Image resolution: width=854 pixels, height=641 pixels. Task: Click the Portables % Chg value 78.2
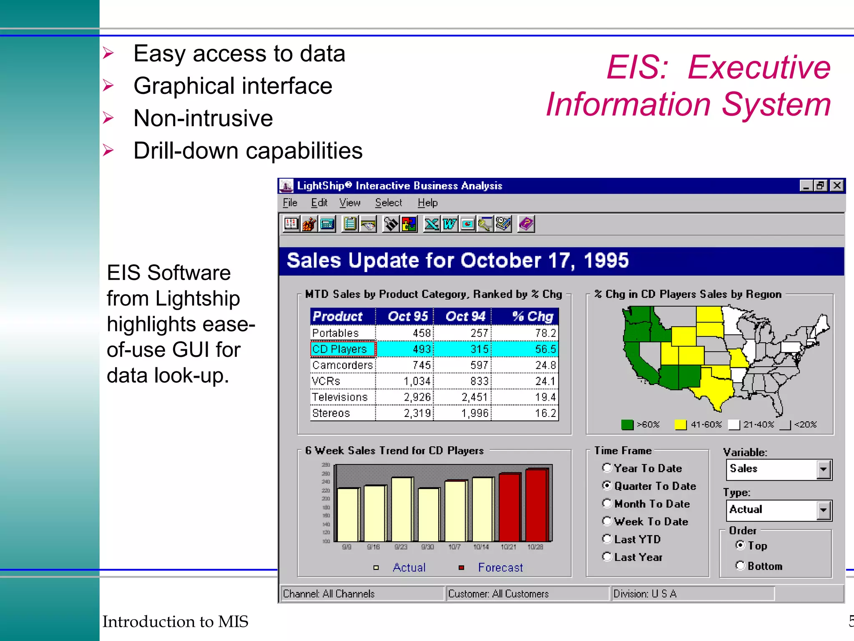coord(545,333)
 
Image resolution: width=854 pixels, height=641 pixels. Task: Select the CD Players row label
coord(339,349)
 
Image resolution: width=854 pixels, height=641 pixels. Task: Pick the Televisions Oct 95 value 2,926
coord(417,397)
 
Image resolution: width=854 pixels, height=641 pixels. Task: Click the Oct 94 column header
coord(465,316)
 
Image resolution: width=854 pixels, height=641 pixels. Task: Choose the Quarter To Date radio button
coord(607,486)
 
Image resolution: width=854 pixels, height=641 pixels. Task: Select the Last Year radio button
coord(607,557)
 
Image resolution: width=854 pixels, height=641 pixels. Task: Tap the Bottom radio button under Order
coord(740,565)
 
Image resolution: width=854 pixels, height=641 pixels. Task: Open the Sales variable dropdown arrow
coord(823,469)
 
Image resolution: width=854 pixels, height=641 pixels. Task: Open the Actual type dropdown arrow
coord(823,510)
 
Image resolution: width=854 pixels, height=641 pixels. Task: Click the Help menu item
coord(427,203)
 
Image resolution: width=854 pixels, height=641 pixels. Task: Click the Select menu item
coord(388,203)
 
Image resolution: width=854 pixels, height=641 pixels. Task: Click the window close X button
coord(836,186)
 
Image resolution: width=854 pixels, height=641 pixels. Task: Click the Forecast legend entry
coord(500,568)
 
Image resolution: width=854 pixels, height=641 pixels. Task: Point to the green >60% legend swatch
coord(627,425)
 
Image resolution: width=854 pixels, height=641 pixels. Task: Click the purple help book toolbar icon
coord(526,224)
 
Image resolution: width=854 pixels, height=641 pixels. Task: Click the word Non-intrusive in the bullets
coord(203,118)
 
